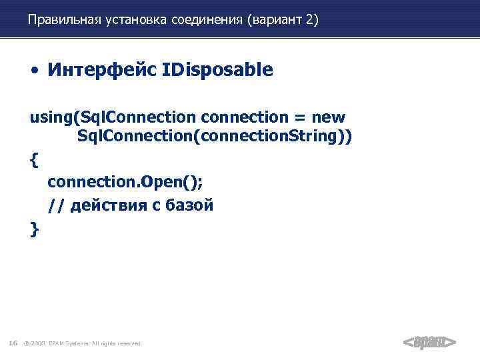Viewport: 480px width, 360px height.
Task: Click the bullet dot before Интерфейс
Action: click(33, 71)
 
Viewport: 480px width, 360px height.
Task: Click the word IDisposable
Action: click(217, 70)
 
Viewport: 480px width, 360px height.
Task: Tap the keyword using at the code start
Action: click(51, 118)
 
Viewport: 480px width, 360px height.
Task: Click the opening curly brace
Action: click(34, 160)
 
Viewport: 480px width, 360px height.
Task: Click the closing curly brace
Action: click(34, 229)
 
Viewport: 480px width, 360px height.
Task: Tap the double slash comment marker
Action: click(56, 206)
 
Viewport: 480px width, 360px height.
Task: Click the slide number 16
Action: click(13, 343)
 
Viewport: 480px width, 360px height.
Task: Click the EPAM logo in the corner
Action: click(429, 342)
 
